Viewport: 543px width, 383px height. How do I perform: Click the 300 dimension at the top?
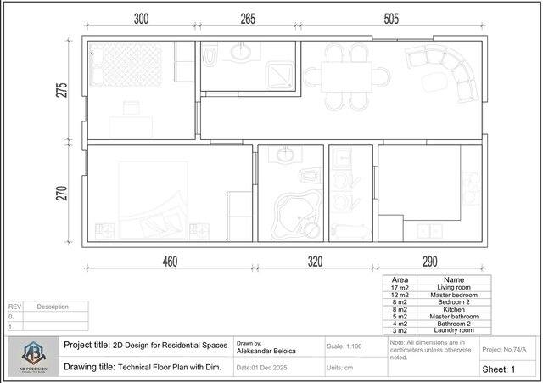pos(141,19)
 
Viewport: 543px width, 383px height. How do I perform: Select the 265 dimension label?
pos(248,19)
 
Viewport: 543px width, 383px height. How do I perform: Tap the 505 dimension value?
pos(392,19)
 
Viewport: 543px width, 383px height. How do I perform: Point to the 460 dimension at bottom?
pos(170,262)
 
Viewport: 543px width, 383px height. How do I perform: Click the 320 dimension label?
pos(316,262)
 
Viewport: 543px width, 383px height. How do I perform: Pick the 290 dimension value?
pos(431,262)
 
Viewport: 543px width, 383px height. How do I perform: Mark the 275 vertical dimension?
pos(62,91)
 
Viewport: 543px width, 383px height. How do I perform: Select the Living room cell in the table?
pos(455,288)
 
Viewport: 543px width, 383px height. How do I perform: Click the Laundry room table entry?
pos(455,329)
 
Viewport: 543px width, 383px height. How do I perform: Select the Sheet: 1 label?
pos(500,369)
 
